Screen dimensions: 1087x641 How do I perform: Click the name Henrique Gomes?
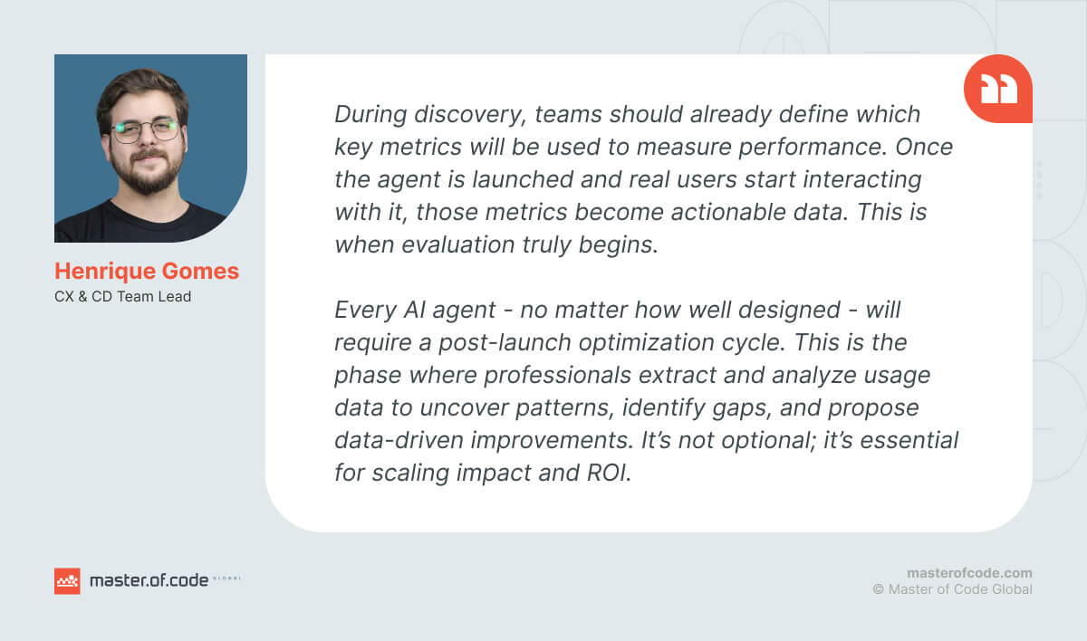147,271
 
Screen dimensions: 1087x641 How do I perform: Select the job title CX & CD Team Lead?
123,296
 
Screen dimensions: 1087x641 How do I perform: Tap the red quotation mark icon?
998,89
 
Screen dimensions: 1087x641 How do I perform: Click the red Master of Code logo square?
67,581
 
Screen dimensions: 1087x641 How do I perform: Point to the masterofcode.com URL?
969,573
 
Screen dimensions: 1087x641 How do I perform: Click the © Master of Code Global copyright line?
953,589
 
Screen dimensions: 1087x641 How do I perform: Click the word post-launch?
505,343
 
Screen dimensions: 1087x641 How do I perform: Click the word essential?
909,440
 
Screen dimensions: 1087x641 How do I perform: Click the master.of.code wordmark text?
149,580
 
